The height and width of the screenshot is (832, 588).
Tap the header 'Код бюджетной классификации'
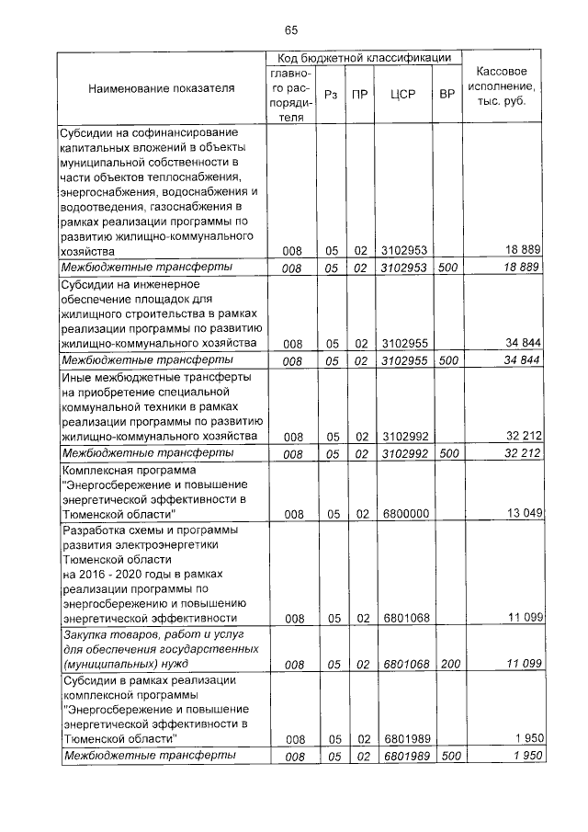(364, 57)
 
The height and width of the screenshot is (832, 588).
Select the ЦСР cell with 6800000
(405, 513)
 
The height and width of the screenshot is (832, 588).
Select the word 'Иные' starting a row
(75, 377)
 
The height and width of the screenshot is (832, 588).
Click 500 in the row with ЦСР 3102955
(447, 361)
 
